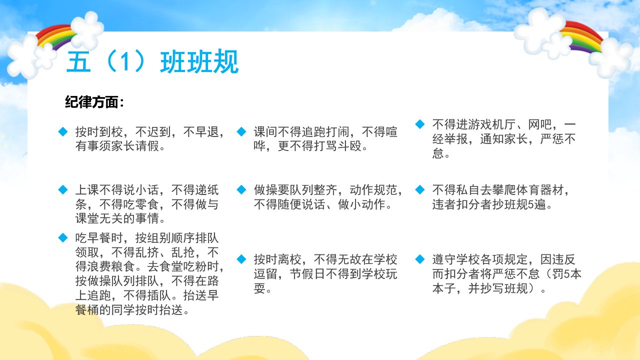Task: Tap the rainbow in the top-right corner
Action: click(581, 37)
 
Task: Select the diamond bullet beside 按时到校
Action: click(63, 131)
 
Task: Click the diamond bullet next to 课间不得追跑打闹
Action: click(241, 131)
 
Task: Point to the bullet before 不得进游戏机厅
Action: click(420, 124)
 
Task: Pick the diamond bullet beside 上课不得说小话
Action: click(63, 189)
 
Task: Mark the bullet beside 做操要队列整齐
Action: click(241, 189)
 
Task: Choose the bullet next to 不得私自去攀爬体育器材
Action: click(420, 189)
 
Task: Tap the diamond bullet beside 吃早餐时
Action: click(63, 237)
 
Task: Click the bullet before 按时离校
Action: click(241, 259)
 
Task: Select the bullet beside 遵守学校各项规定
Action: click(420, 259)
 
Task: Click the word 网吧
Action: click(539, 124)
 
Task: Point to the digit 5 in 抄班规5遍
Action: click(531, 204)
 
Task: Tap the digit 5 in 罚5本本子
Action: click(567, 274)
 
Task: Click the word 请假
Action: click(147, 146)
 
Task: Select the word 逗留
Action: click(265, 274)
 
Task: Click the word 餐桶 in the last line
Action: click(87, 309)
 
